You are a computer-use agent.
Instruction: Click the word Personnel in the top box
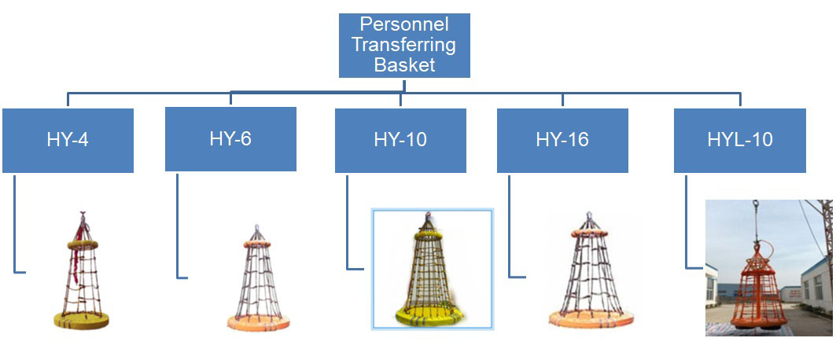(x=404, y=25)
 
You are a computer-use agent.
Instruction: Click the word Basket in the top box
(x=404, y=65)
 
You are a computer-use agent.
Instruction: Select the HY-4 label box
(x=68, y=140)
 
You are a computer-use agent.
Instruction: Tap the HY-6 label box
(x=230, y=139)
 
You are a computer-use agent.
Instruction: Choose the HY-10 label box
(x=400, y=140)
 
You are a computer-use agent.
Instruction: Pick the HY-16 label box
(x=562, y=140)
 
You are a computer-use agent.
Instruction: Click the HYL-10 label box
(x=739, y=140)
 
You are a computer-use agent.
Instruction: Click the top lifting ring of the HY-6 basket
(x=255, y=230)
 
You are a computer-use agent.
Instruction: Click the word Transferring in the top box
(x=404, y=45)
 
